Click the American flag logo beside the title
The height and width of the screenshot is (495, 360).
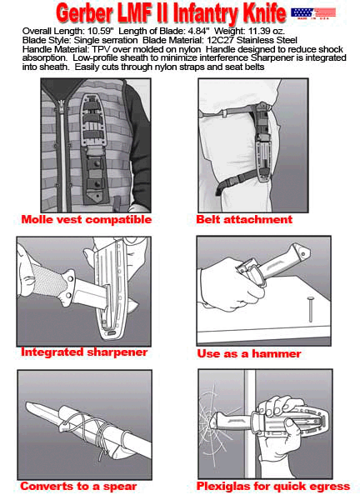[x=312, y=13]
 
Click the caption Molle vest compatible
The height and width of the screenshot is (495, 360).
[x=86, y=219]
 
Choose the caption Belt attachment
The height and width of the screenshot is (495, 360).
[x=244, y=219]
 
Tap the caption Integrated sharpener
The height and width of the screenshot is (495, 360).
[x=84, y=352]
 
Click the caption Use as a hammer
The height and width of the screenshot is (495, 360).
[x=249, y=353]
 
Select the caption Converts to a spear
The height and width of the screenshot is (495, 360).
[x=78, y=487]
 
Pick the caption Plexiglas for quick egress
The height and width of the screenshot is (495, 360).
[x=273, y=487]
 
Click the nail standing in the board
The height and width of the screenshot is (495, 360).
[x=309, y=310]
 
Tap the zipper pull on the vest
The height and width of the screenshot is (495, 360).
[x=61, y=111]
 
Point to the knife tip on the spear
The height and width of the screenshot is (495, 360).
[x=27, y=405]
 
